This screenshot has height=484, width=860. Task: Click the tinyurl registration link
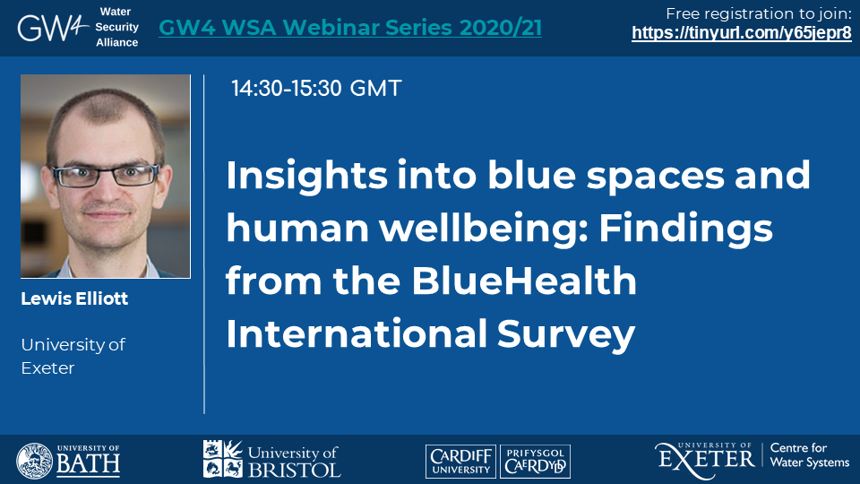coord(742,33)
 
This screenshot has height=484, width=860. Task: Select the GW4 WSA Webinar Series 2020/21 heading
coord(350,28)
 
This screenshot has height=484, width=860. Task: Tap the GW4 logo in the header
coord(53,28)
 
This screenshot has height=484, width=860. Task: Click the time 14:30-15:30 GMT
coord(316,89)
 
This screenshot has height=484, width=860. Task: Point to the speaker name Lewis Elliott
coord(74,298)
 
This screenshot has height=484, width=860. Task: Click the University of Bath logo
coord(68,461)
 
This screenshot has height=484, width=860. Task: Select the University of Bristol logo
coord(272,459)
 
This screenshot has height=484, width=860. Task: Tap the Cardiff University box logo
coord(460,462)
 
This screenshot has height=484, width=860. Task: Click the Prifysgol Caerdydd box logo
coord(536,462)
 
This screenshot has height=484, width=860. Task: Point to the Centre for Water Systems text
coord(810,455)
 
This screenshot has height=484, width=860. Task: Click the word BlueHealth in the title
coord(524,281)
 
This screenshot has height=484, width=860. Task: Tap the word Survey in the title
coord(566,334)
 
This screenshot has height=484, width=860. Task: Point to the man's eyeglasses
coord(105,176)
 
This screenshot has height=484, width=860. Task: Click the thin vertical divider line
coord(204,244)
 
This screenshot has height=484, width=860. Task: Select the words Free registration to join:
coord(759,13)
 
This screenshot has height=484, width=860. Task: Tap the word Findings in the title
coord(685,229)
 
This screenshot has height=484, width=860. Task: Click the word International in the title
coord(357,334)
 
